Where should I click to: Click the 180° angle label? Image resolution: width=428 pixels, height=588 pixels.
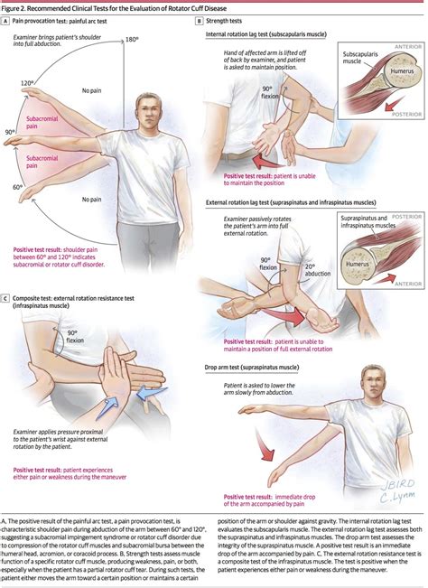click(133, 40)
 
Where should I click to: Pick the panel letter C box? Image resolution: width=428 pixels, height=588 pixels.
click(6, 296)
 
